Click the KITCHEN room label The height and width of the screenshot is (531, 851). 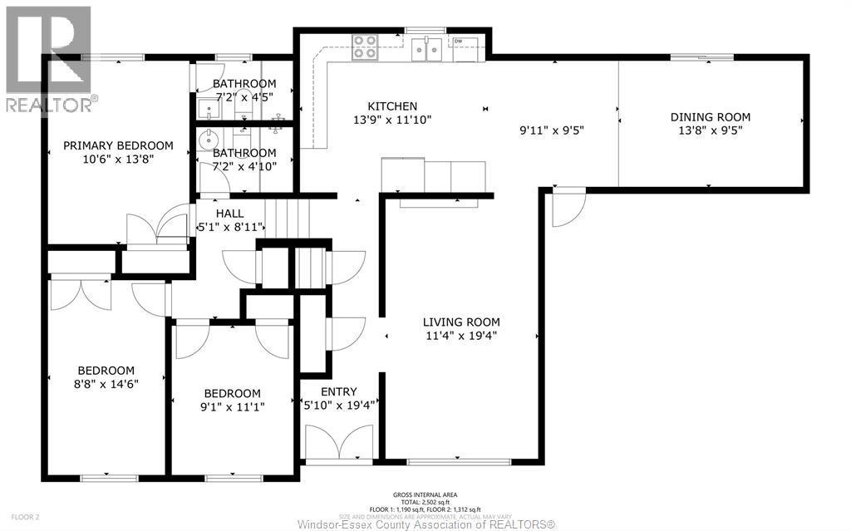392,106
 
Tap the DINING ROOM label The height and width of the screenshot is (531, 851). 710,117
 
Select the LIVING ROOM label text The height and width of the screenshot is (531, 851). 461,322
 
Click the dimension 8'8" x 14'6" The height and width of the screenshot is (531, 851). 106,384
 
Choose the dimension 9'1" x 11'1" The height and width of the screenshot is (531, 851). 233,406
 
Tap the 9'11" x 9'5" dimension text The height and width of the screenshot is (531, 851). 551,130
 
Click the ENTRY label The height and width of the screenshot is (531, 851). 338,391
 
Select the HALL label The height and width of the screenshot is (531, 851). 229,214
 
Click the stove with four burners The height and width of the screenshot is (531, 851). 364,47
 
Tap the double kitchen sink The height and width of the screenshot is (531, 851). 428,51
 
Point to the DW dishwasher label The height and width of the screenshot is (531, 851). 458,41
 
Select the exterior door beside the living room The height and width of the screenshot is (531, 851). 568,209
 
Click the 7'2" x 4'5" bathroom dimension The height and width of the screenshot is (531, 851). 243,96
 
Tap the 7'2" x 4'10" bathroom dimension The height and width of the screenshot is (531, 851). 243,165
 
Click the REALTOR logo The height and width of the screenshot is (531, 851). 48,58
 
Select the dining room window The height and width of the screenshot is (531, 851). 702,57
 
